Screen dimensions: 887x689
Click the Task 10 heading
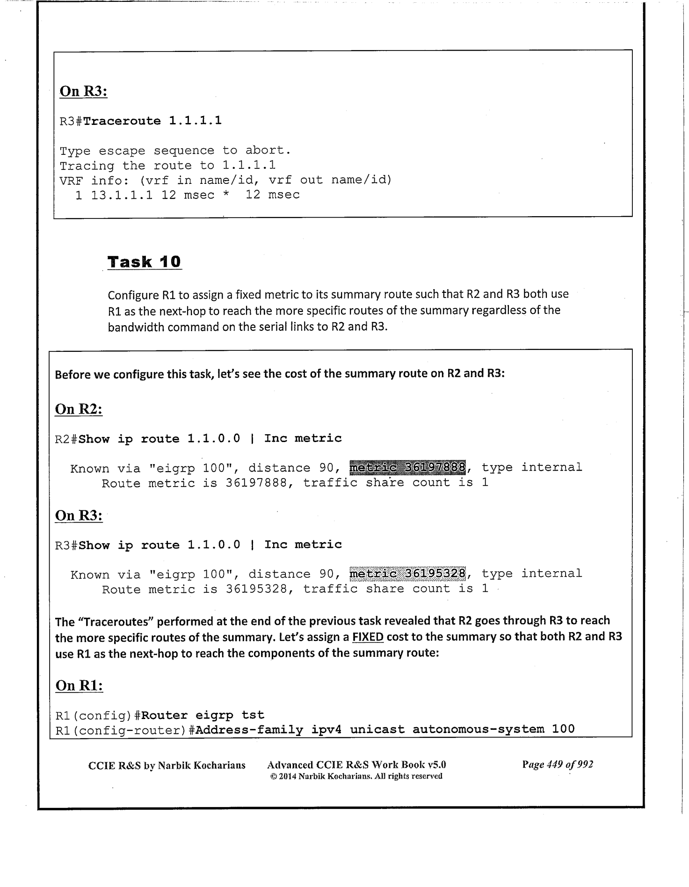pyautogui.click(x=144, y=262)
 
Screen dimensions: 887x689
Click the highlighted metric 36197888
pyautogui.click(x=407, y=467)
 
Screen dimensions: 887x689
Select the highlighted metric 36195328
pyautogui.click(x=407, y=573)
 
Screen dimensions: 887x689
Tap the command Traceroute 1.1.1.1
pyautogui.click(x=152, y=121)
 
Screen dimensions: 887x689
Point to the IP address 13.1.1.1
pyautogui.click(x=122, y=195)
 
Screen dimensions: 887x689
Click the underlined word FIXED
pyautogui.click(x=368, y=637)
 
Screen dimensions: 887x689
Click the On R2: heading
pyautogui.click(x=79, y=409)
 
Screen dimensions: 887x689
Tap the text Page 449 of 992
pyautogui.click(x=558, y=764)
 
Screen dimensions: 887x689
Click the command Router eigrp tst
pyautogui.click(x=203, y=715)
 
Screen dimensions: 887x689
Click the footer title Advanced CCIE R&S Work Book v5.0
pyautogui.click(x=356, y=764)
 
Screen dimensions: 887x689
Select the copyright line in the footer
pyautogui.click(x=356, y=776)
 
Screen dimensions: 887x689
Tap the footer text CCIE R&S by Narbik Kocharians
pyautogui.click(x=167, y=765)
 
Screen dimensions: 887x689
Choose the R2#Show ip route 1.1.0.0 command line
pyautogui.click(x=198, y=438)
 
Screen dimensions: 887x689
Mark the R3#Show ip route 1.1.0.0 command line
pyautogui.click(x=198, y=545)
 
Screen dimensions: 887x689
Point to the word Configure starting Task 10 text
pyautogui.click(x=133, y=295)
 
